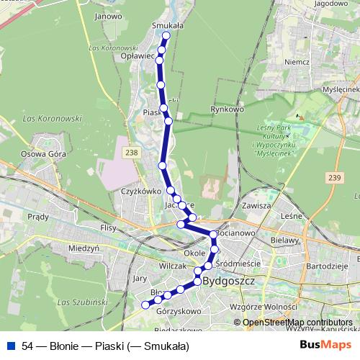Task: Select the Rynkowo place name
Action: (225, 109)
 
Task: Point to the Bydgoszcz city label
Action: (230, 281)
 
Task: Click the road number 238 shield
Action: (130, 152)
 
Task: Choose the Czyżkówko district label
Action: (140, 192)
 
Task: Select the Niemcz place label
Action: (297, 62)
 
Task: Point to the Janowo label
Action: (108, 15)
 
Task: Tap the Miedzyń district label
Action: (83, 248)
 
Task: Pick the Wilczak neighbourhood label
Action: (173, 266)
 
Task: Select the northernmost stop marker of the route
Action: (166, 35)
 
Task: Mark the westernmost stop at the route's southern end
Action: (145, 305)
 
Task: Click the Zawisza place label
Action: (256, 204)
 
